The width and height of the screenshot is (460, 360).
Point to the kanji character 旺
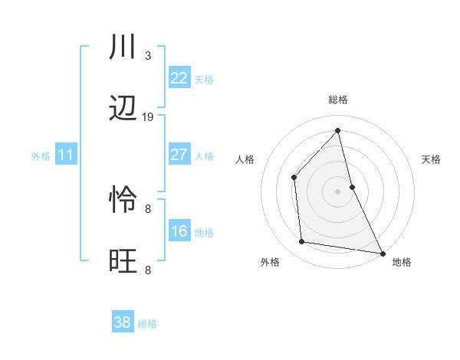123,260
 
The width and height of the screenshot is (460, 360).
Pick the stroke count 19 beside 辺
148,117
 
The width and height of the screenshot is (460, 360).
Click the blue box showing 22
179,78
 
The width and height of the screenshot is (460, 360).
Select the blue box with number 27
179,155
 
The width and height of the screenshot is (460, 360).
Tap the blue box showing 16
179,231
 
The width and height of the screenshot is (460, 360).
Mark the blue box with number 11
66,155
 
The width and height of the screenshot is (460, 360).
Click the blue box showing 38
123,322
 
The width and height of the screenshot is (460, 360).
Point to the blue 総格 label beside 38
147,324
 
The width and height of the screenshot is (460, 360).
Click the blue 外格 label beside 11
41,156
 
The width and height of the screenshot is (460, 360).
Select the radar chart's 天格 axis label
432,159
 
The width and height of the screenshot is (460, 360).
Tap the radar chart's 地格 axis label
402,262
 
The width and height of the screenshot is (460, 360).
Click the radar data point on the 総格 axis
337,130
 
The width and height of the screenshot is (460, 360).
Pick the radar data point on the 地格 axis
382,253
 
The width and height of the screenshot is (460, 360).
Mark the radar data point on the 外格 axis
302,242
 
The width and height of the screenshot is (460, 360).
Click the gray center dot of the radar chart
337,191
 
